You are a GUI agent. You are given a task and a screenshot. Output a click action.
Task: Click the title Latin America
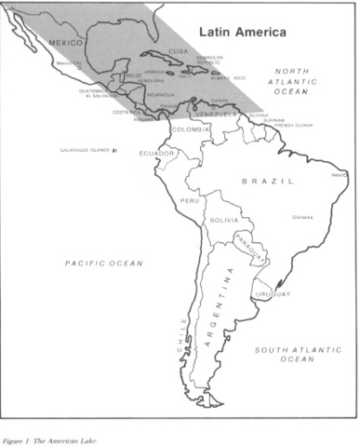(x=246, y=32)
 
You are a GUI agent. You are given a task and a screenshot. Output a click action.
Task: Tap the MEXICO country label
(x=66, y=43)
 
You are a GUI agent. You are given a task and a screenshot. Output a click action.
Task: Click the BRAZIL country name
(x=267, y=182)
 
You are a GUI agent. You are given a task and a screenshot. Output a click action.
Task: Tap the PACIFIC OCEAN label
(x=104, y=264)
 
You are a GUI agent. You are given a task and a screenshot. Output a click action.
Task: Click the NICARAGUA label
(x=159, y=94)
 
